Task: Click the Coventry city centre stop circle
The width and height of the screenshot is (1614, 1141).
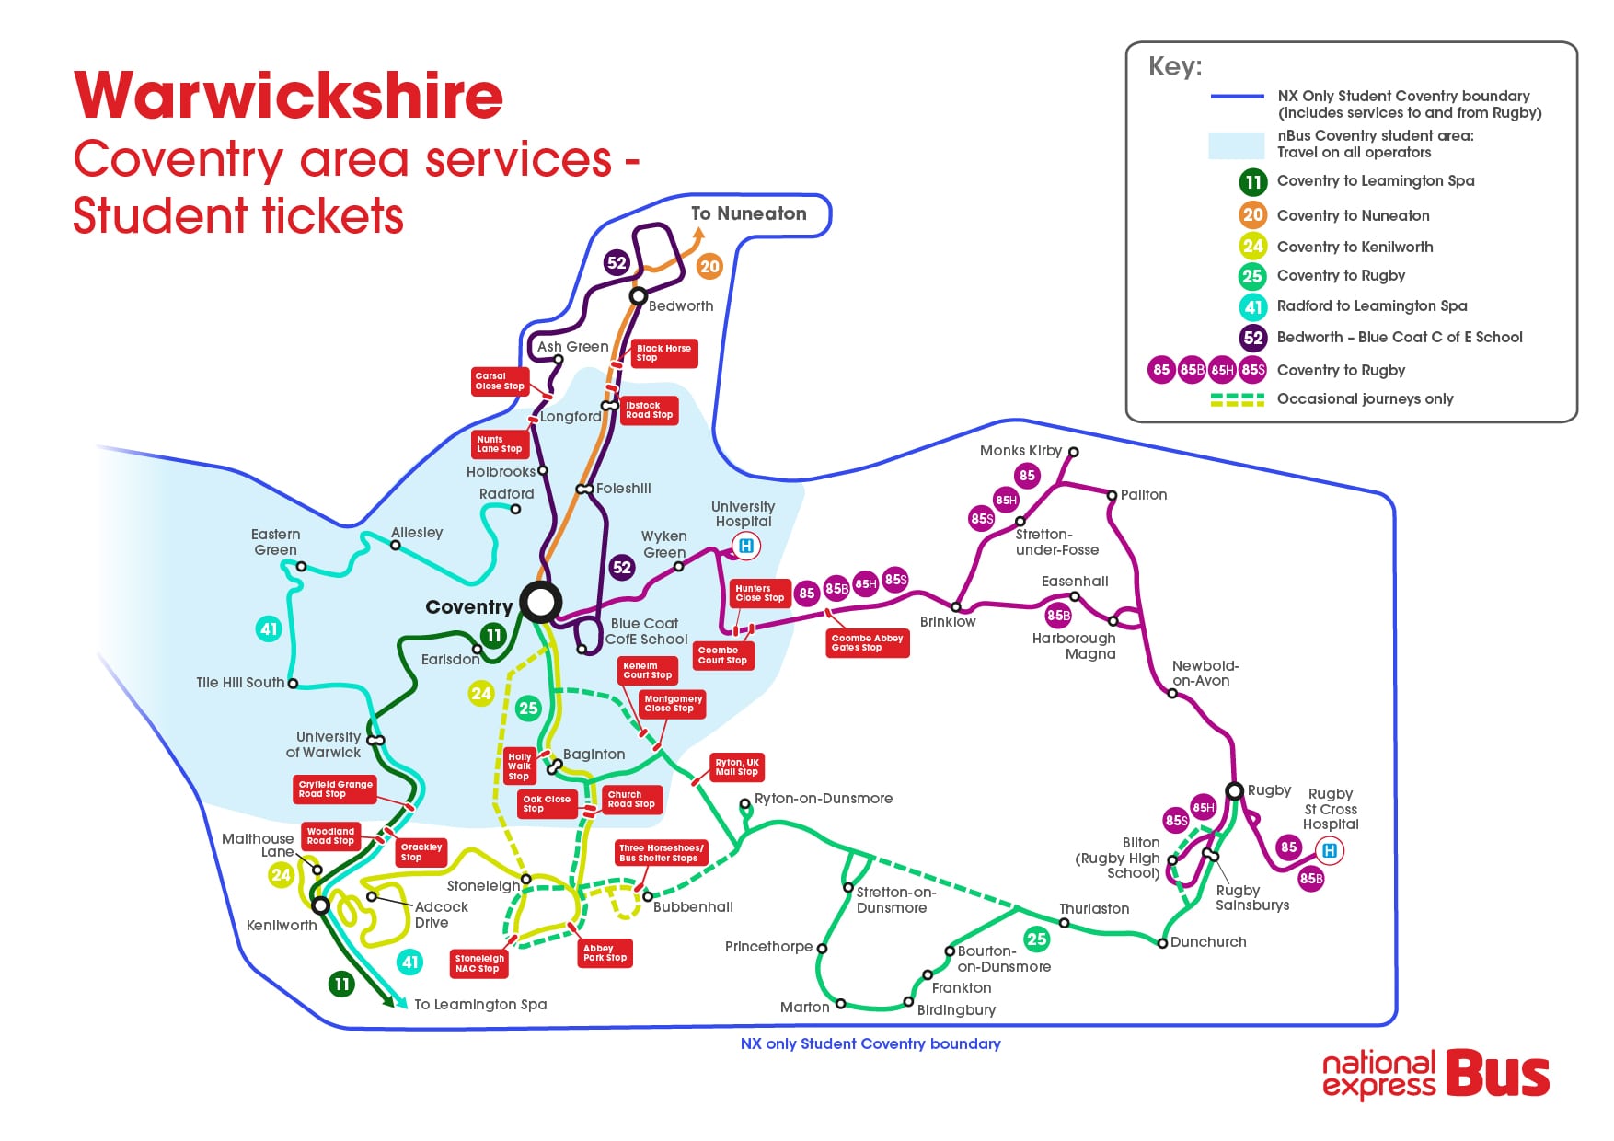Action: coord(540,602)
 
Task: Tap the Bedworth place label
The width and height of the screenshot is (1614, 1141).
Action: coord(681,305)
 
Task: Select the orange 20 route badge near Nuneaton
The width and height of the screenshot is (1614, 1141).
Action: coord(709,267)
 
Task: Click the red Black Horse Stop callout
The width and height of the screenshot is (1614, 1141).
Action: coord(664,353)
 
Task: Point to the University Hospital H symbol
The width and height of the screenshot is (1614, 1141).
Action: coord(746,547)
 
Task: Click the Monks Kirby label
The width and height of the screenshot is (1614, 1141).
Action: coord(1020,450)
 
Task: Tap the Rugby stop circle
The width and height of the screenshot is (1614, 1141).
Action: coord(1235,791)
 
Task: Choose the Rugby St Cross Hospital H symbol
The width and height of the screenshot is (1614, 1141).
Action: coord(1329,851)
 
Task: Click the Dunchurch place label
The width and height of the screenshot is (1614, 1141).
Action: coord(1208,941)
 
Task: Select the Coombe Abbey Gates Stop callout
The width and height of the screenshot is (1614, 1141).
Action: coord(868,643)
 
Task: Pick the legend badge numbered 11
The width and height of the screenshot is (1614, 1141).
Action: coord(1253,182)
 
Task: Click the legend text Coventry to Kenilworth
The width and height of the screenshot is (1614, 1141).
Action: coord(1355,247)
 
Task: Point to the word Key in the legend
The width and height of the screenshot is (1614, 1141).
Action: coord(1175,67)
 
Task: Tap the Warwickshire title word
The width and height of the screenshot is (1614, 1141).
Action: coord(289,96)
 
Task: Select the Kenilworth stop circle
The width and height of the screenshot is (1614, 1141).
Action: coord(321,905)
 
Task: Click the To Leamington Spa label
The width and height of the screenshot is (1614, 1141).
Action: coord(480,1004)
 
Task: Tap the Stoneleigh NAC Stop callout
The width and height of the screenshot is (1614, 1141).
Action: coord(479,963)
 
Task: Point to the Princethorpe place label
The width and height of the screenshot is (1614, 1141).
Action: coord(768,947)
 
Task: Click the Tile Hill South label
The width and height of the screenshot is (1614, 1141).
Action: coord(240,683)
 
